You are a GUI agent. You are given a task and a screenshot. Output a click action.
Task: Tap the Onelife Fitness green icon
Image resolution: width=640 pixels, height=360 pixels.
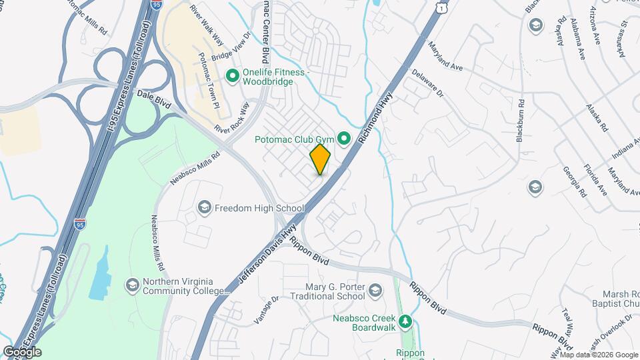pyautogui.click(x=233, y=77)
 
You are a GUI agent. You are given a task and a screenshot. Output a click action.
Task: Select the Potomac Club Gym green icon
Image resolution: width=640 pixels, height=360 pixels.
pyautogui.click(x=344, y=139)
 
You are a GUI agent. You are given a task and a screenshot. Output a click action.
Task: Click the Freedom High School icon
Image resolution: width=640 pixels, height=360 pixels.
pyautogui.click(x=204, y=208)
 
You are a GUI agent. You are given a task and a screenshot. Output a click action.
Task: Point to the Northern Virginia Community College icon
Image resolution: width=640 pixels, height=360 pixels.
pyautogui.click(x=132, y=285)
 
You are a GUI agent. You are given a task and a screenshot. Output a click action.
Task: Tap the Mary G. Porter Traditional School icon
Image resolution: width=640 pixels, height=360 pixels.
pyautogui.click(x=376, y=290)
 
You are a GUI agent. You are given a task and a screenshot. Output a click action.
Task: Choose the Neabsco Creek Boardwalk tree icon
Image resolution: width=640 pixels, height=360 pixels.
pyautogui.click(x=405, y=323)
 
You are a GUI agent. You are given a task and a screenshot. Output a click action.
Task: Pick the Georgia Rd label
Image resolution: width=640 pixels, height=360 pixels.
pyautogui.click(x=575, y=183)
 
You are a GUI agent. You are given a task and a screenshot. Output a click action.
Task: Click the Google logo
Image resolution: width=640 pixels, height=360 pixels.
pyautogui.click(x=22, y=351)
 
